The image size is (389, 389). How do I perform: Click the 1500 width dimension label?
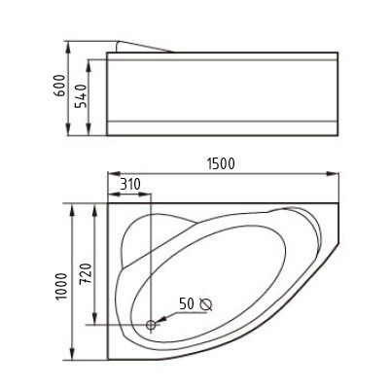[x=221, y=164]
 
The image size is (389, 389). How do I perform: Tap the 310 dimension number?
[x=130, y=185]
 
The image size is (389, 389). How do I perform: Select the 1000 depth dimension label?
[x=61, y=287]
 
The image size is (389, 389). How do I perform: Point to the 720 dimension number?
[x=86, y=274]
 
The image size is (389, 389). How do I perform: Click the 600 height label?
[x=59, y=86]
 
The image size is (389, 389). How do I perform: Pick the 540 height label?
[x=81, y=96]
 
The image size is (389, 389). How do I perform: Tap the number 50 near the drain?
[x=187, y=303]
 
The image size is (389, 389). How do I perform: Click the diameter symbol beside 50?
[x=206, y=304]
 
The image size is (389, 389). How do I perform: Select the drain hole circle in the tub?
[x=151, y=325]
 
